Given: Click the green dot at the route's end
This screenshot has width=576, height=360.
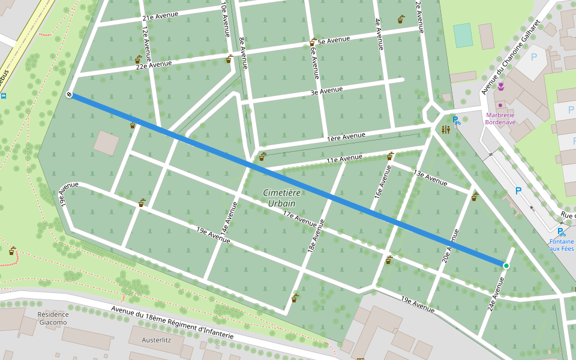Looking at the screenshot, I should pyautogui.click(x=506, y=266).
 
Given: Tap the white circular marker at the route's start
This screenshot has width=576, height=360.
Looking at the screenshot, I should pyautogui.click(x=70, y=95).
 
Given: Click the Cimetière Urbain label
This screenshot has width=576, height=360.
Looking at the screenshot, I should pyautogui.click(x=282, y=198).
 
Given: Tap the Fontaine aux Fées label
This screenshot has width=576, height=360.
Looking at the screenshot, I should pyautogui.click(x=562, y=245).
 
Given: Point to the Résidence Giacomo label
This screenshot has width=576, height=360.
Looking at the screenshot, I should pyautogui.click(x=53, y=318).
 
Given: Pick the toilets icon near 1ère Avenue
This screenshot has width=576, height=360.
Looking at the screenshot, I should pyautogui.click(x=445, y=130).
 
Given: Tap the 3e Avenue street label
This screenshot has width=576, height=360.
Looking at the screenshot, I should pyautogui.click(x=326, y=91).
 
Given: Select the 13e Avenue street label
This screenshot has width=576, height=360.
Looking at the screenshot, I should pyautogui.click(x=430, y=177).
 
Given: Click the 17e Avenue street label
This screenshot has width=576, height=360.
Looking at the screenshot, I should pyautogui.click(x=299, y=219).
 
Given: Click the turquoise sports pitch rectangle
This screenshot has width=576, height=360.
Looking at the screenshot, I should pyautogui.click(x=463, y=35).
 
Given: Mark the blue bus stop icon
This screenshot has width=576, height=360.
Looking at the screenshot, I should pyautogui.click(x=4, y=95).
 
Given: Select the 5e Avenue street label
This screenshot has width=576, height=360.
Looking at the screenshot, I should pyautogui.click(x=334, y=41).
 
